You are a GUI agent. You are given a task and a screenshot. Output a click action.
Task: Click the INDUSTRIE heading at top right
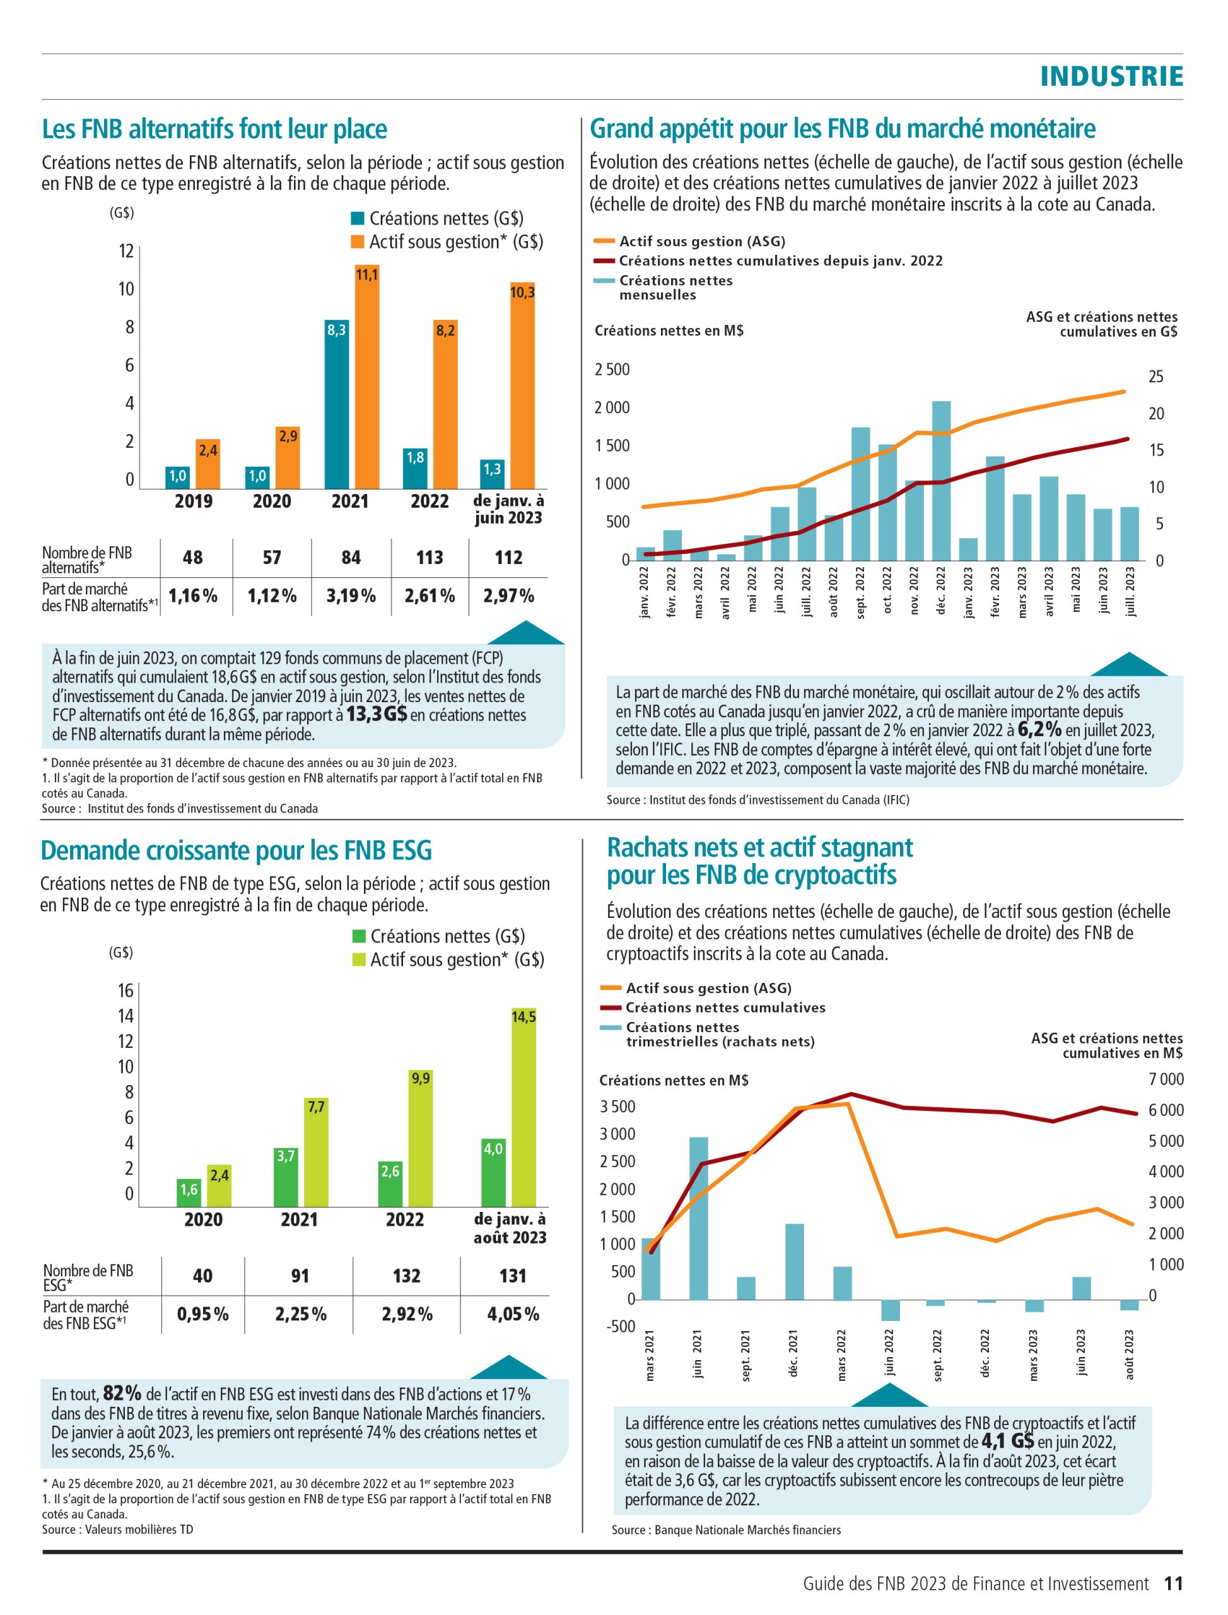pyautogui.click(x=1111, y=76)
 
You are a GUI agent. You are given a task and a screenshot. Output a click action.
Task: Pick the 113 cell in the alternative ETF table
pyautogui.click(x=430, y=558)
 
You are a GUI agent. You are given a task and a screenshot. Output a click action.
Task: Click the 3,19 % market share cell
pyautogui.click(x=351, y=596)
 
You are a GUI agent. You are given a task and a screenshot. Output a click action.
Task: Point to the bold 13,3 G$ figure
pyautogui.click(x=377, y=714)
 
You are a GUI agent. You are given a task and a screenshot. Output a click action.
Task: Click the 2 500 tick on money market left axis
pyautogui.click(x=612, y=369)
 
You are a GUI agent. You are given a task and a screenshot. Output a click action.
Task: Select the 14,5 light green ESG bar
pyautogui.click(x=523, y=1107)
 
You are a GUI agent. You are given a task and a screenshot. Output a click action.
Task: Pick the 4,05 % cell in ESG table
pyautogui.click(x=513, y=1314)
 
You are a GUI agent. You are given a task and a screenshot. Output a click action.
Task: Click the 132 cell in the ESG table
pyautogui.click(x=406, y=1276)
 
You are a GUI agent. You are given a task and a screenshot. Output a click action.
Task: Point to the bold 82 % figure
pyautogui.click(x=122, y=1393)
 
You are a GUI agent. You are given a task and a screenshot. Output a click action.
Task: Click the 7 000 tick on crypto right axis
pyautogui.click(x=1166, y=1079)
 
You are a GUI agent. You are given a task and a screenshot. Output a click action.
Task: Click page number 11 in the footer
pyautogui.click(x=1173, y=1583)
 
